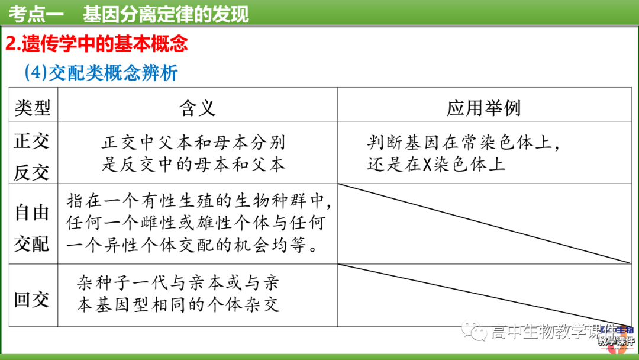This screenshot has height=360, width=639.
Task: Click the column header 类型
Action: point(33,108)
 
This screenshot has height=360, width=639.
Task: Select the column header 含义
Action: point(197,108)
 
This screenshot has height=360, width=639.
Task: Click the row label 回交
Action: point(33,300)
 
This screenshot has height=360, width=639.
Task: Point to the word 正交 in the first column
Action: point(33,141)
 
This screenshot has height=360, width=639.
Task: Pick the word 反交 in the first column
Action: point(33,172)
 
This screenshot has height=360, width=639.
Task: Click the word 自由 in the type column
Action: point(33,213)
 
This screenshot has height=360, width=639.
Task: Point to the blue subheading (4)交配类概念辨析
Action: point(101,73)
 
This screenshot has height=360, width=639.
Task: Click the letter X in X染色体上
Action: point(428,164)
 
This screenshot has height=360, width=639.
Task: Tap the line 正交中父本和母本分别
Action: point(193,142)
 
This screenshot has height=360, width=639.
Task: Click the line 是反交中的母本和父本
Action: point(193,164)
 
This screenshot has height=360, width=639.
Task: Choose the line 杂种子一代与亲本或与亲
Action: point(178,281)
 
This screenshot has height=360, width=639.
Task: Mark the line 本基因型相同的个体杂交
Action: point(178,304)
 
